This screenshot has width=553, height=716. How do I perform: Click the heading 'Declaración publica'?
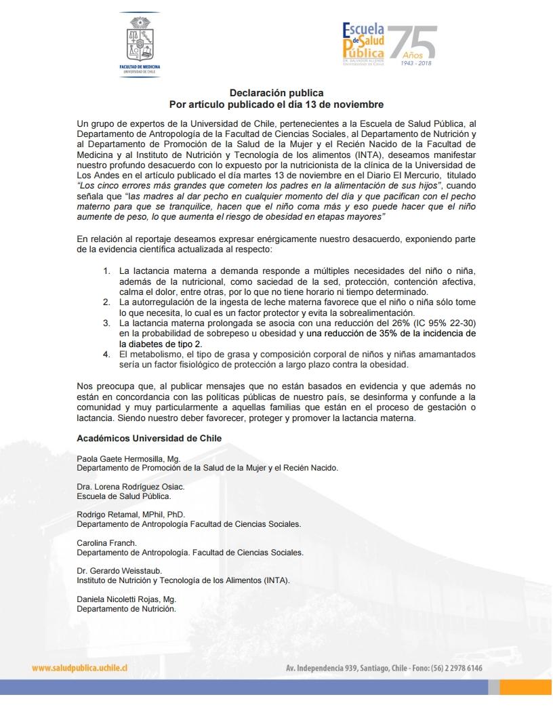276,93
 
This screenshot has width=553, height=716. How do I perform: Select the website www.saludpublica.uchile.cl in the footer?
80,668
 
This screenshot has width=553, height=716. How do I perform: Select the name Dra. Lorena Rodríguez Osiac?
130,487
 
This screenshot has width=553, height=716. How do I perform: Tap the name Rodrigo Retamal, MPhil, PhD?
130,515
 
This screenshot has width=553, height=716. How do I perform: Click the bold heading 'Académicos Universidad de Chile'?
149,439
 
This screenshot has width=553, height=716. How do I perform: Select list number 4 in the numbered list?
106,355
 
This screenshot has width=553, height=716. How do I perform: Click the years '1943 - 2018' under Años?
416,62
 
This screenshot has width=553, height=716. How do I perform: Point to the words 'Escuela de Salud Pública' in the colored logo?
363,41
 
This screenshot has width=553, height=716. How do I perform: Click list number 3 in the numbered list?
106,323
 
